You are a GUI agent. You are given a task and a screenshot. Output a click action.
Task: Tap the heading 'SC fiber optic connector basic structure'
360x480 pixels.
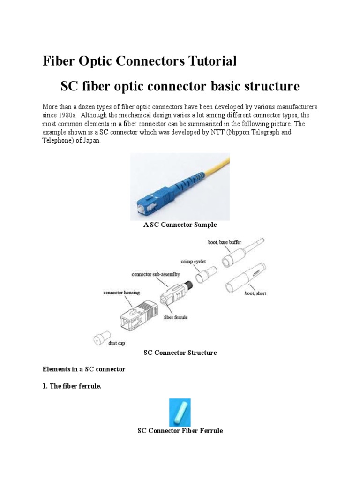coord(180,87)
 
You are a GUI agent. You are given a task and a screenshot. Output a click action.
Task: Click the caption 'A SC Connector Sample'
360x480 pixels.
coord(180,225)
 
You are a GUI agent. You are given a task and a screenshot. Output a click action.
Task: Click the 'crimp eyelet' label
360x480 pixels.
coord(193,261)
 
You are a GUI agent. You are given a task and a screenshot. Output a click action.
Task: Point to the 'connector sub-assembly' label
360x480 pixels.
coord(156,274)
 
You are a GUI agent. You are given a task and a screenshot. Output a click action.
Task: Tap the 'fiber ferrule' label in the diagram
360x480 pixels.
coord(175,317)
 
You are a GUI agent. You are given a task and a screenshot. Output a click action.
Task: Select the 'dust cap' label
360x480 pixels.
coord(117,343)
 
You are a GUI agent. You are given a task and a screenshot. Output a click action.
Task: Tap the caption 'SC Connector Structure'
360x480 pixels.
coord(180,353)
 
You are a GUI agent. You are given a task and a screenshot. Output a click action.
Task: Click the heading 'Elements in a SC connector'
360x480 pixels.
coord(84,369)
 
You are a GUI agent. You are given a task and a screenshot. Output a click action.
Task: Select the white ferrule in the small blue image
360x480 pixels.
coord(180,412)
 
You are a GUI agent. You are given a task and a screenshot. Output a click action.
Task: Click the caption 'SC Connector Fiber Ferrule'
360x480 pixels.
coord(180,431)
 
